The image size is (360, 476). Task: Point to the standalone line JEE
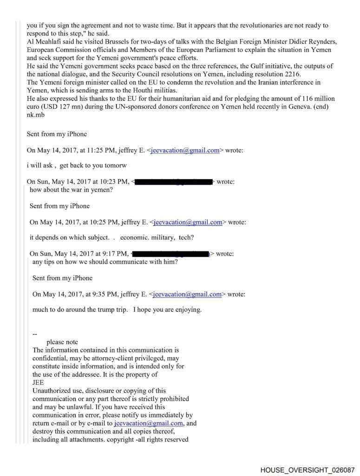(x=38, y=383)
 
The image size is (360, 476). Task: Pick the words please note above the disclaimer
(x=62, y=342)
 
